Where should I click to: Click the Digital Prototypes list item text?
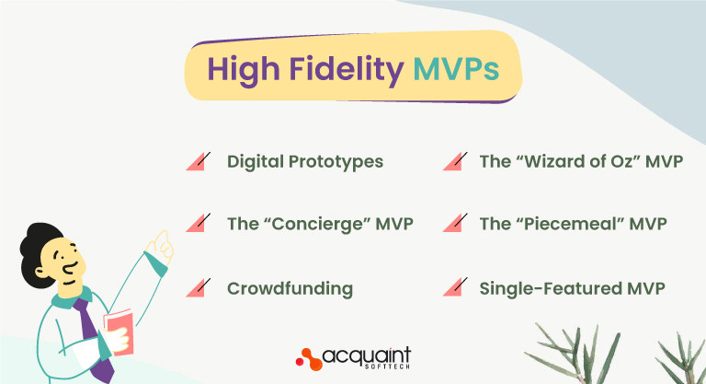(305, 162)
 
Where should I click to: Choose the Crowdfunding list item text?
(290, 288)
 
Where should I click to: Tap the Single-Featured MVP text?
(571, 288)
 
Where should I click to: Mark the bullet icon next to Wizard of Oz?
(451, 162)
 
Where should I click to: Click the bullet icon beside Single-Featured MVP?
(451, 288)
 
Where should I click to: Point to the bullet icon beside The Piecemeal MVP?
(451, 224)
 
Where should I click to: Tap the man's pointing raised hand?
(164, 244)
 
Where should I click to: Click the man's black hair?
(44, 241)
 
